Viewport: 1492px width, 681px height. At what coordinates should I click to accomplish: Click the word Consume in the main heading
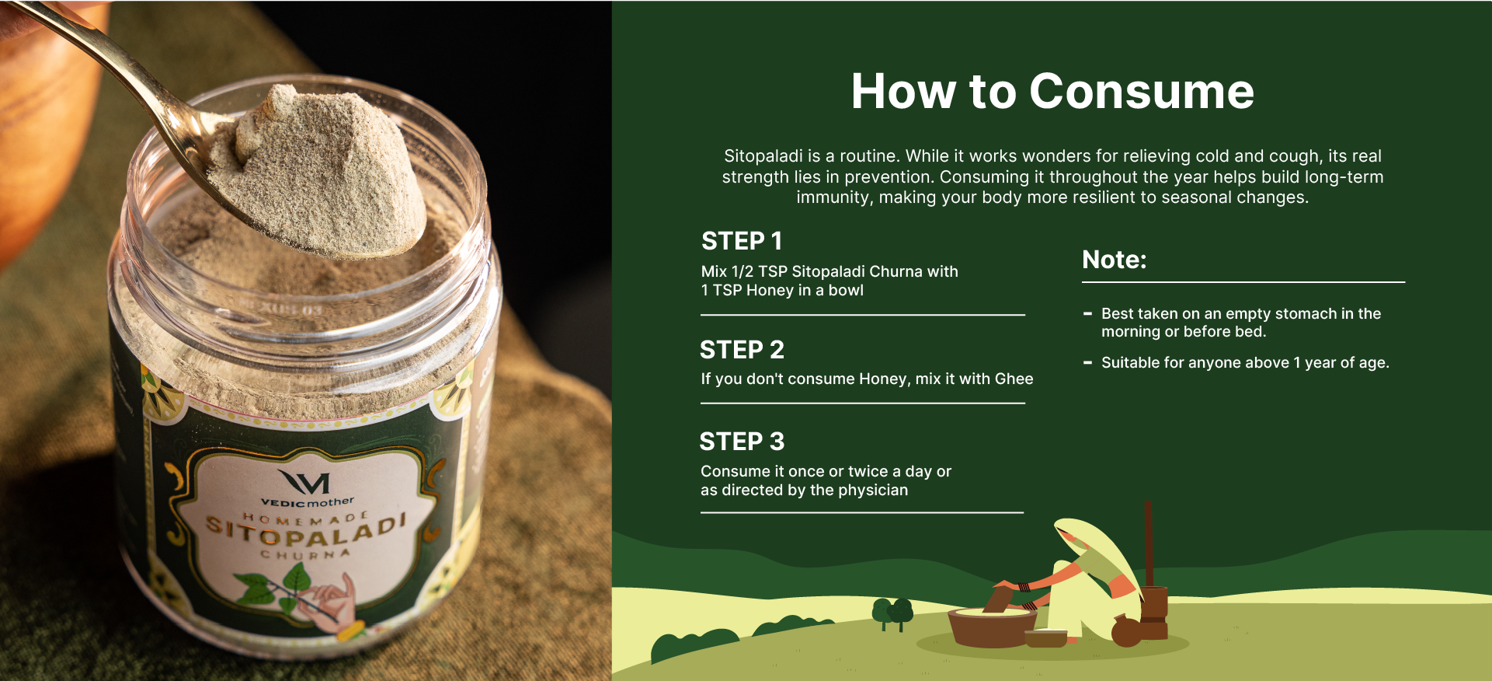pos(1142,92)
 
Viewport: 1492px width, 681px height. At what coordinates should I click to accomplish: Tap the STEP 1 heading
pos(742,241)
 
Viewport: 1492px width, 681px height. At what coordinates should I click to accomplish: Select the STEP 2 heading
pos(742,350)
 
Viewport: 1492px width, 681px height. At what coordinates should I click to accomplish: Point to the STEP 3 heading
pos(742,442)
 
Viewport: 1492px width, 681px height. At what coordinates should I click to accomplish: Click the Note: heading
pos(1115,260)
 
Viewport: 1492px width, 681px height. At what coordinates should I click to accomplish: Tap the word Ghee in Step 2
pos(1014,379)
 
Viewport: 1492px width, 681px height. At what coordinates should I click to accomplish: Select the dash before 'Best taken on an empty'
pos(1087,314)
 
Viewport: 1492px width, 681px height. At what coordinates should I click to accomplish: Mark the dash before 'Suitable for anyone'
pos(1087,362)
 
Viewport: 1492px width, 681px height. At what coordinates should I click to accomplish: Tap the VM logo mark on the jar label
pos(304,482)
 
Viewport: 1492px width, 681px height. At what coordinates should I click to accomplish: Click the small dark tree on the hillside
pos(892,613)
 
